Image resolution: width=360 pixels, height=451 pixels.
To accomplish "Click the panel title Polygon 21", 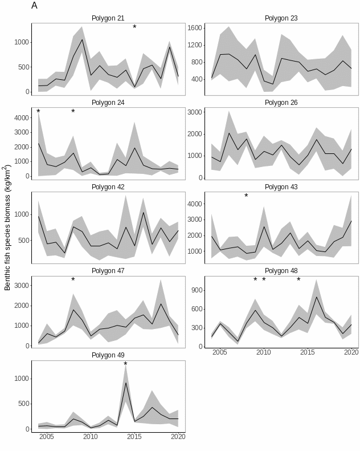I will [x=108, y=18].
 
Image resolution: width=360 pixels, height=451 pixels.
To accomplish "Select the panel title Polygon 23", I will [x=281, y=18].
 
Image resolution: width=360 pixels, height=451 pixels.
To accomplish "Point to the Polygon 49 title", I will [x=108, y=355].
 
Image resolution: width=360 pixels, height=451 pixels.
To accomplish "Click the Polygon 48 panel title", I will [x=281, y=271].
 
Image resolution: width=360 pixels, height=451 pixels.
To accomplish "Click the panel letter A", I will [x=35, y=6].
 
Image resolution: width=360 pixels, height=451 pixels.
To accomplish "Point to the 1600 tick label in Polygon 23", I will [x=195, y=28].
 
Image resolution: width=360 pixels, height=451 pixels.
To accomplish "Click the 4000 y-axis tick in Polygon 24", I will [x=22, y=118].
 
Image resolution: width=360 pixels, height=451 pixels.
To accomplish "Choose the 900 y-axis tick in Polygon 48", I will [x=197, y=290].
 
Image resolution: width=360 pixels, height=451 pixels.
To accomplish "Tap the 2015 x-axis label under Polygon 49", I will [x=134, y=437].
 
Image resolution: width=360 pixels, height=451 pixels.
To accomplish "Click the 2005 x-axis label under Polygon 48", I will [x=219, y=353].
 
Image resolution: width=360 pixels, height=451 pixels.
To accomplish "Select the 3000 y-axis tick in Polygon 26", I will [x=195, y=112].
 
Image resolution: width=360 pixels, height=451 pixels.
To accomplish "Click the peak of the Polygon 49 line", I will [x=126, y=383].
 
